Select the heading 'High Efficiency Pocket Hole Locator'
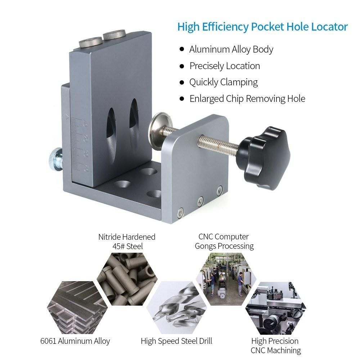(x=262, y=27)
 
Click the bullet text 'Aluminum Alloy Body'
(x=231, y=49)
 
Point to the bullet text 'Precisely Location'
(x=225, y=66)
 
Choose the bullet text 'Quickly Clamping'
(x=224, y=82)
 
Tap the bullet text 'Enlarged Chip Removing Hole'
(x=247, y=99)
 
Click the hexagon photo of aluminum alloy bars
(x=77, y=307)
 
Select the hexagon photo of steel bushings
(x=127, y=279)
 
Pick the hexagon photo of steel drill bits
(x=177, y=307)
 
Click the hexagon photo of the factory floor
(x=226, y=279)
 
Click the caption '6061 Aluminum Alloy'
(x=75, y=341)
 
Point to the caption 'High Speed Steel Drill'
(x=176, y=341)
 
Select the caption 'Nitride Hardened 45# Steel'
(x=127, y=242)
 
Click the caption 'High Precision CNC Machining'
(x=275, y=346)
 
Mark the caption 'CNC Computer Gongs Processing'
(x=224, y=241)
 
